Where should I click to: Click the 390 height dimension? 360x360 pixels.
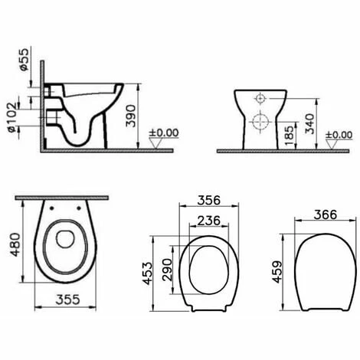click(x=131, y=116)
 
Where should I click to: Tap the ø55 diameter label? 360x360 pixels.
click(x=24, y=60)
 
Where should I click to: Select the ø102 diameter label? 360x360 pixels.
click(x=12, y=117)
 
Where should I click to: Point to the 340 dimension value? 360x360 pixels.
click(x=309, y=124)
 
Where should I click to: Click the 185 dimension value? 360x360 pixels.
click(x=290, y=136)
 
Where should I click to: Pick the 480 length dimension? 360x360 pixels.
click(x=15, y=244)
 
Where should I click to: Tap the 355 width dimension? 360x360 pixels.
click(x=67, y=299)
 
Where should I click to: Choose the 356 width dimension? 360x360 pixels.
click(x=208, y=201)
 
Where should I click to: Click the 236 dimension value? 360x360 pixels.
click(x=208, y=221)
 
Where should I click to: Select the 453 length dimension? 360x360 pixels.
click(x=147, y=273)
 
